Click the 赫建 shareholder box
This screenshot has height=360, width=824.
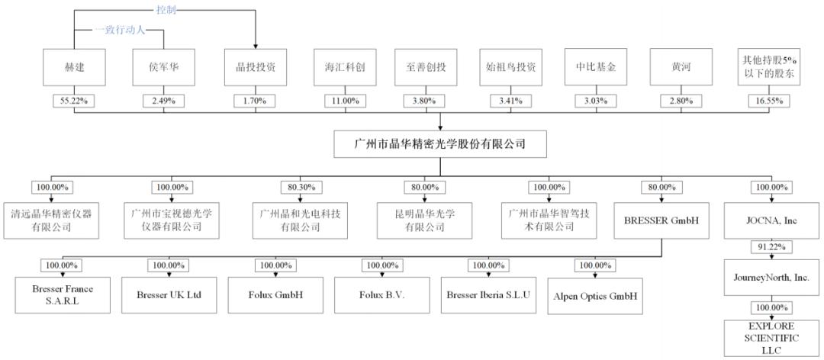coord(76,67)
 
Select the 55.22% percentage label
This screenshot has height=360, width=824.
coord(76,101)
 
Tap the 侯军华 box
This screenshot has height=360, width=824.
coord(165,67)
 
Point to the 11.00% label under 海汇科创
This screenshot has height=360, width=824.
coord(345,101)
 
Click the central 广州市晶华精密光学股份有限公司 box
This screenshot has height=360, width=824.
coord(441,143)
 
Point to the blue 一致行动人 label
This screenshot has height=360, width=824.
coord(120,30)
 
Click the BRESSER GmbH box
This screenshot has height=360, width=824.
coord(661,220)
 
